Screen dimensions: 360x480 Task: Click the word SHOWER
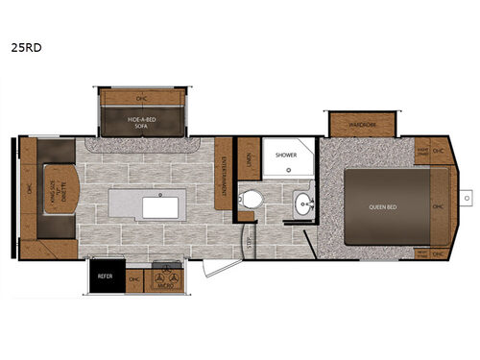(x=286, y=154)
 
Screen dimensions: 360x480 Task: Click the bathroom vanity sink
(x=304, y=204)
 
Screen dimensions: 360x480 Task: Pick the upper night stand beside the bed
(x=422, y=151)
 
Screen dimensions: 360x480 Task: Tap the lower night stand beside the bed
(x=422, y=253)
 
